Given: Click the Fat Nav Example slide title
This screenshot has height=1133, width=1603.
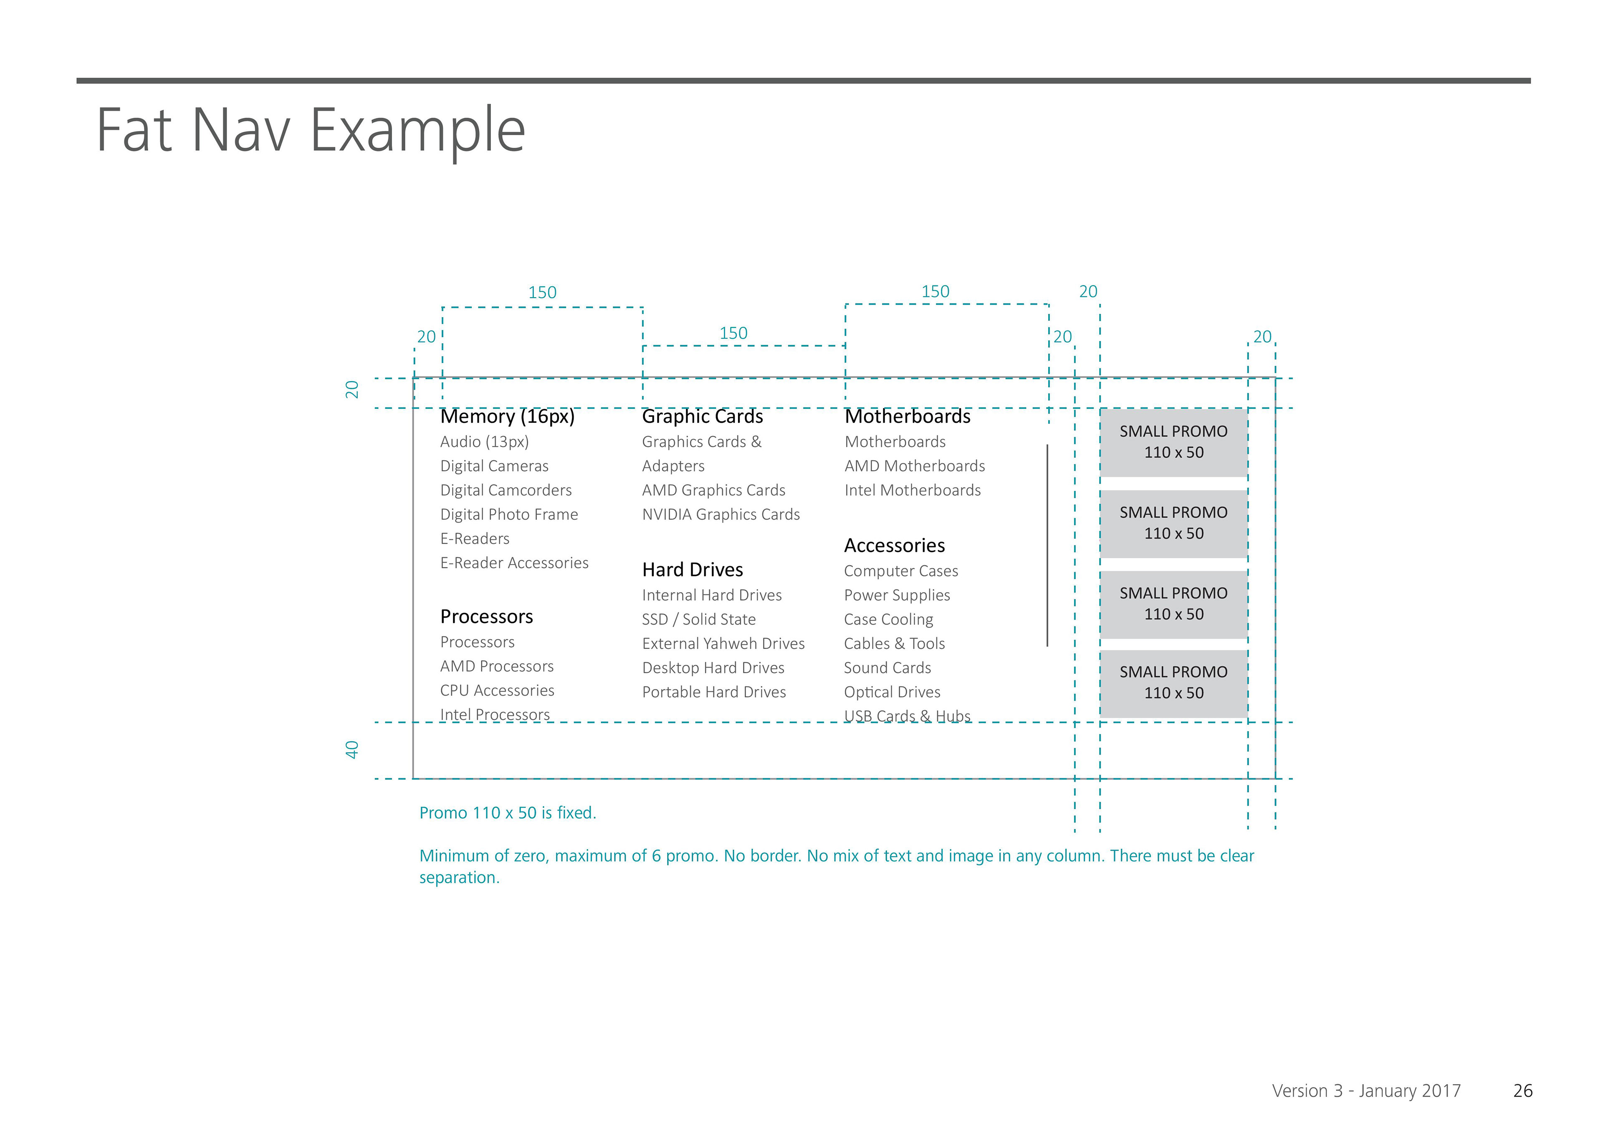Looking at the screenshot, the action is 311,131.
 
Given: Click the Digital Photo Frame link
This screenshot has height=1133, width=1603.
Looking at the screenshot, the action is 509,515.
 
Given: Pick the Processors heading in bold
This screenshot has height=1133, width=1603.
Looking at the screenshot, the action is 487,616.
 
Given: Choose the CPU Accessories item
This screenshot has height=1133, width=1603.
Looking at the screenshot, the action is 497,690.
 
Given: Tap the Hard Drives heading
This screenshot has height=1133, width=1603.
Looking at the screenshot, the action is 693,570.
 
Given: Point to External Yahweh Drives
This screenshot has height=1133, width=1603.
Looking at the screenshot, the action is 723,643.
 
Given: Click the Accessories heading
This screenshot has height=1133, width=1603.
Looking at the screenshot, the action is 894,545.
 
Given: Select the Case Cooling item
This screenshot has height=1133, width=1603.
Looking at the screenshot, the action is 888,619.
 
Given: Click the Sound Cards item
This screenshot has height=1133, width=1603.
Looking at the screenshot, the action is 887,668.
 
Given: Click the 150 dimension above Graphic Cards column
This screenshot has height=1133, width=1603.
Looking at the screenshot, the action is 733,333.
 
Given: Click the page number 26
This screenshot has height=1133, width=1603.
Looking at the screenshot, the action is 1523,1090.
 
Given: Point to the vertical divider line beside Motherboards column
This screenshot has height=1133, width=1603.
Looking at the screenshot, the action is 1047,545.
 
